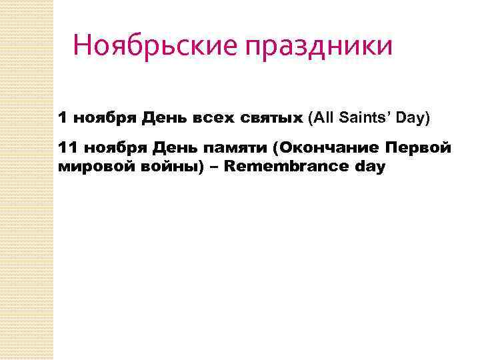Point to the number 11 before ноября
(x=67, y=147)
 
